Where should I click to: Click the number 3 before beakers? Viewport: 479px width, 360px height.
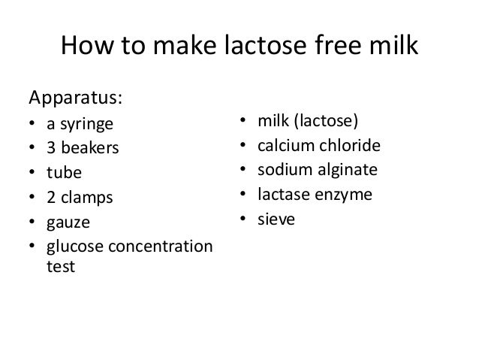pos(51,147)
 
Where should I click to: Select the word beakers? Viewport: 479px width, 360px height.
pos(89,147)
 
